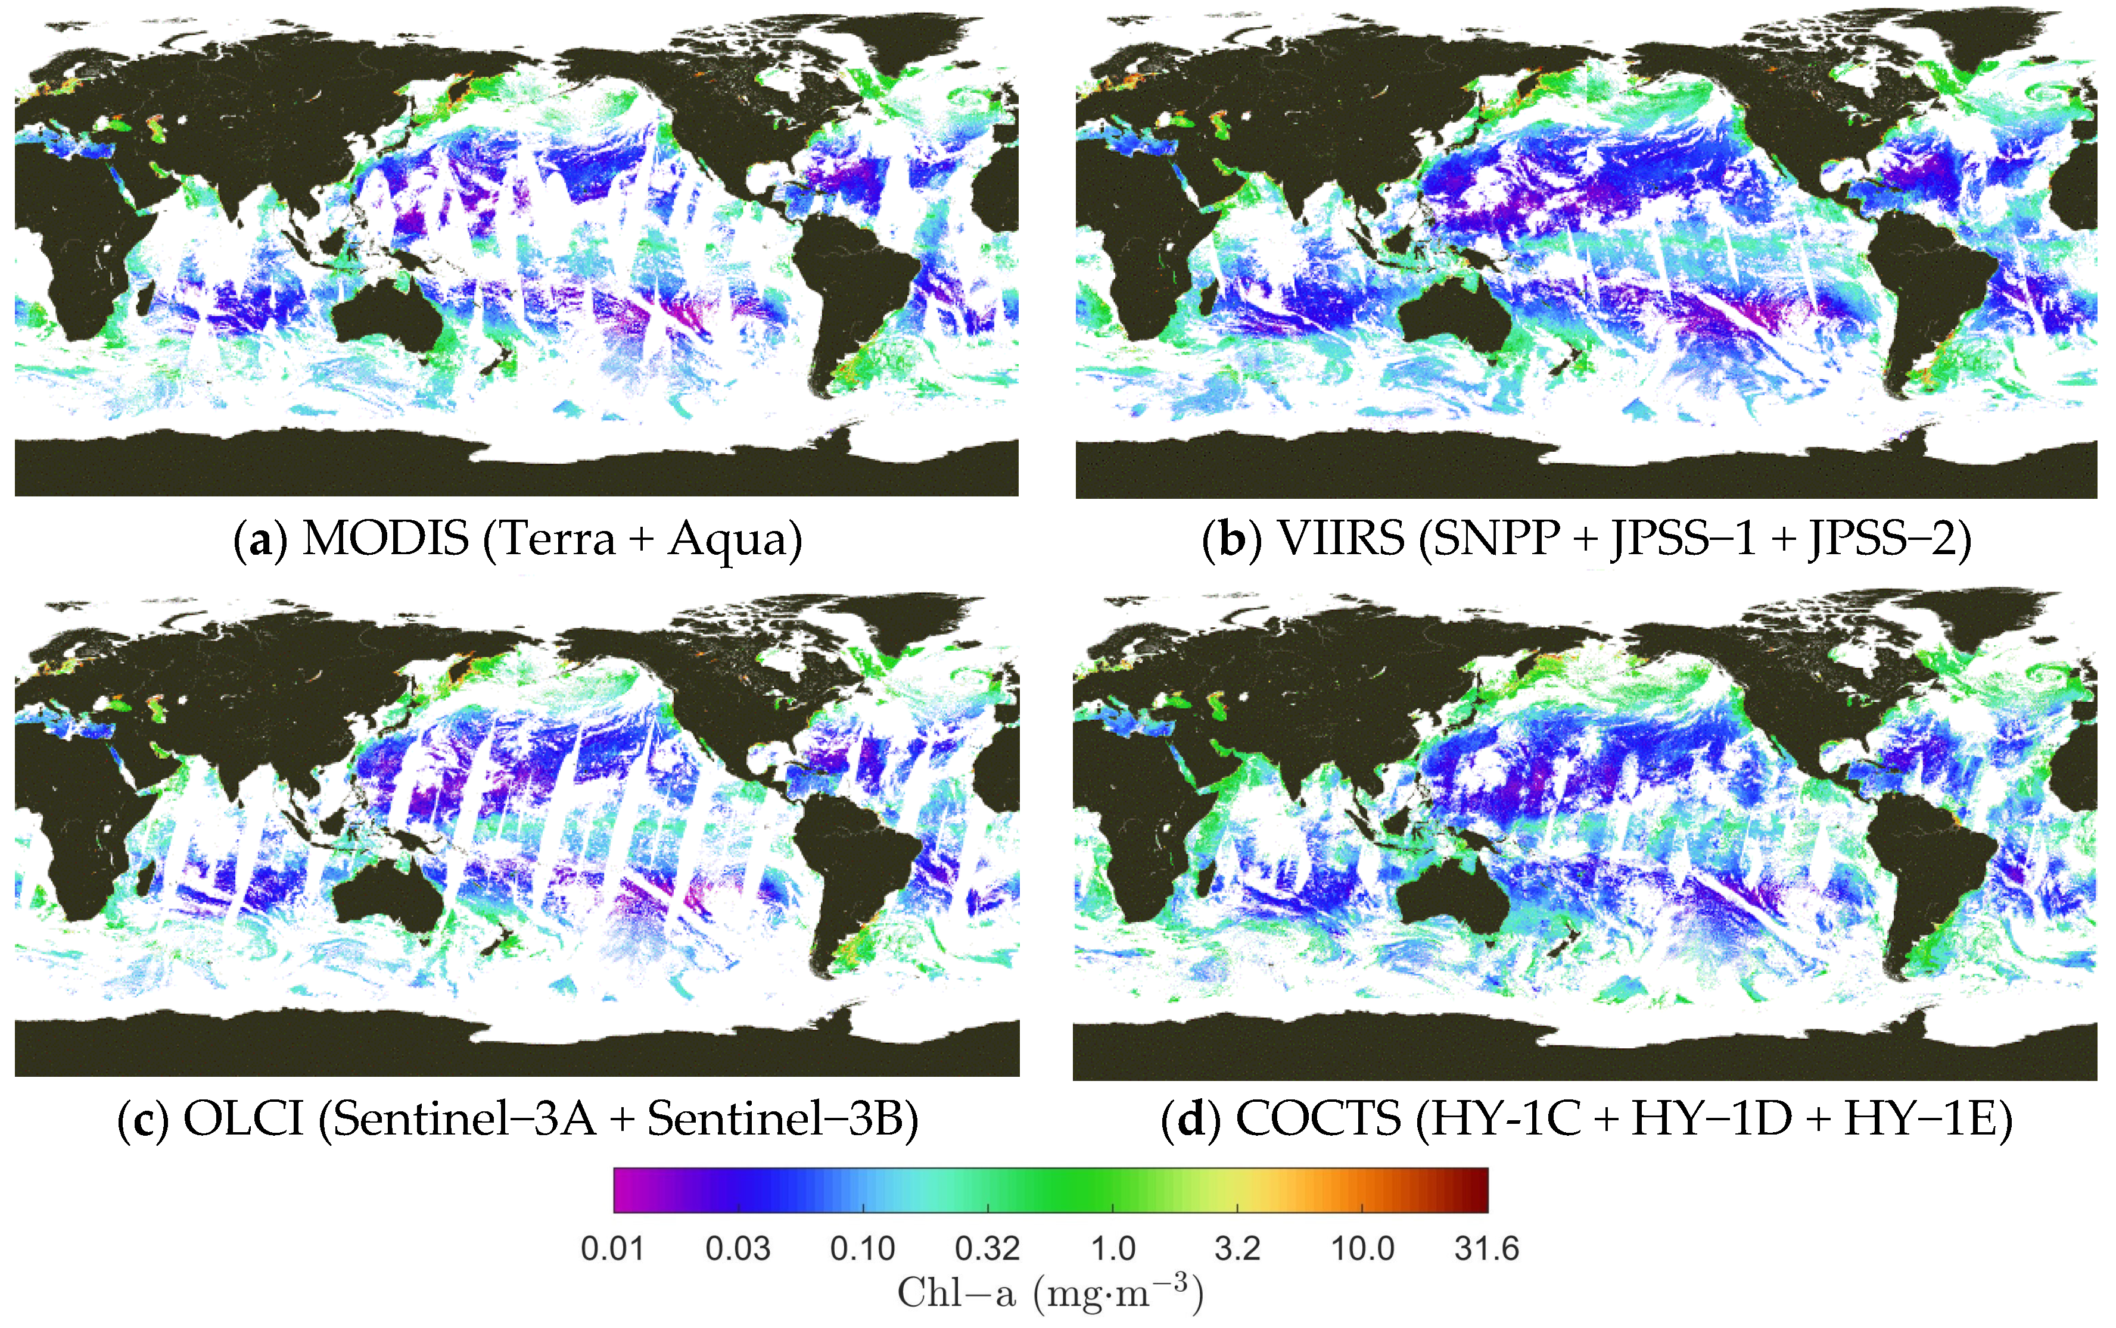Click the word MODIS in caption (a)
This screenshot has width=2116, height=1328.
[x=385, y=538]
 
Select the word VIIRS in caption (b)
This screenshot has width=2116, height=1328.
[x=1340, y=538]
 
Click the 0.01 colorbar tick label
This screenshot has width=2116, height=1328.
[x=612, y=1248]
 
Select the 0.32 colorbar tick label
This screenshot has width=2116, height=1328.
[x=987, y=1248]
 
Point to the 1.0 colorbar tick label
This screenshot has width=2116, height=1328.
[x=1112, y=1248]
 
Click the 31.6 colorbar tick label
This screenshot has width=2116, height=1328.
[x=1486, y=1248]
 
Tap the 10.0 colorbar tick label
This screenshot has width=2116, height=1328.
[x=1362, y=1248]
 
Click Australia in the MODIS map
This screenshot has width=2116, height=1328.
[x=387, y=316]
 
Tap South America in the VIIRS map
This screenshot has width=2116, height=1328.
[x=1916, y=281]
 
